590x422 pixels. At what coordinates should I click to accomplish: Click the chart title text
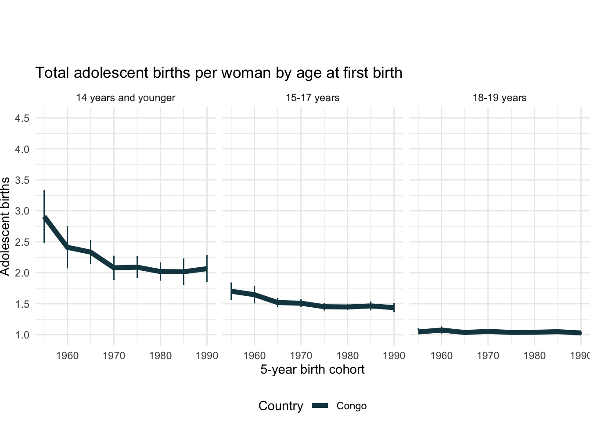coord(219,73)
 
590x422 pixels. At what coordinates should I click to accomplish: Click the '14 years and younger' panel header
coord(126,98)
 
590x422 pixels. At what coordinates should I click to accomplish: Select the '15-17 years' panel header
coord(313,98)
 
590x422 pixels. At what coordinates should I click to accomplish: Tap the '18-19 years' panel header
coord(500,98)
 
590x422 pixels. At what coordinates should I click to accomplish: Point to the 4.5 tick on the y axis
coord(22,118)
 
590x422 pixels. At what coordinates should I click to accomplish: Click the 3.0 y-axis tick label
coord(22,211)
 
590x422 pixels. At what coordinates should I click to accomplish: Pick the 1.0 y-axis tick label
coord(22,335)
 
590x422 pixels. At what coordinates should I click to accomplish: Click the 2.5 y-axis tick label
coord(22,242)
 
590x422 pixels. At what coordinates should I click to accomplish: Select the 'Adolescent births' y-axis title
coord(6,226)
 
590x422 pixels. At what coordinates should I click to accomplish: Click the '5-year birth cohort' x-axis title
coord(313,370)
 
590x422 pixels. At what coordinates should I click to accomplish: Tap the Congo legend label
coord(351,406)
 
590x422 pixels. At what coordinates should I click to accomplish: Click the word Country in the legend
coord(281,406)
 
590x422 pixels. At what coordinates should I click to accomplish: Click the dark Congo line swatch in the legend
coord(320,406)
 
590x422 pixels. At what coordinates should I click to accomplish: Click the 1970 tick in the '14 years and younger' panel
coord(114,356)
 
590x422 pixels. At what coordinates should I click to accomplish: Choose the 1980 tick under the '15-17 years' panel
coord(347,356)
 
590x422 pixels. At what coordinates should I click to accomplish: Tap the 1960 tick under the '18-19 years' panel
coord(441,356)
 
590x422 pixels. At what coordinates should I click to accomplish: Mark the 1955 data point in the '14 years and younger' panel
coord(44,218)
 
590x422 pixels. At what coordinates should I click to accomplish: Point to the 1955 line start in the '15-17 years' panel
coord(231,291)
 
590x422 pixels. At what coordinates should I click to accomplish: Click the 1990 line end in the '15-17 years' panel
coord(394,308)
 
